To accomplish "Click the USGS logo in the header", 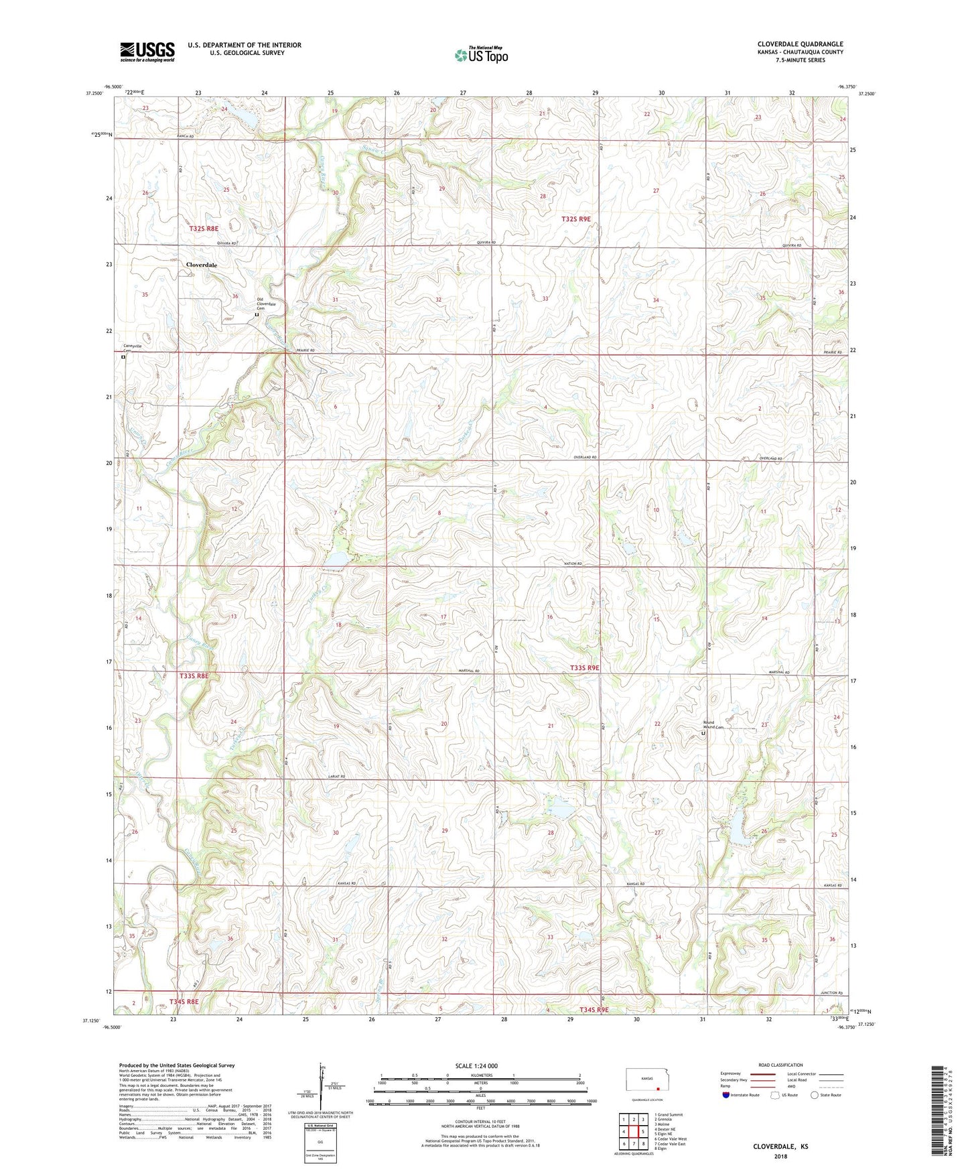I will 147,51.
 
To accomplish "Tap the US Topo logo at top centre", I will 481,54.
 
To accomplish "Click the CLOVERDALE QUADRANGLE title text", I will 800,44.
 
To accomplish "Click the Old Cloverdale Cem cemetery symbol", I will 257,314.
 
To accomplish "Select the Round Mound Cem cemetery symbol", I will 703,734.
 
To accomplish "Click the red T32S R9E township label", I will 575,219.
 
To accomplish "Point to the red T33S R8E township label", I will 194,676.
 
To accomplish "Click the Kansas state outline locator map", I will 646,1080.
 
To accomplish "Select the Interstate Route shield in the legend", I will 727,1095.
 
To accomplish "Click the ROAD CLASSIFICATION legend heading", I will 780,1065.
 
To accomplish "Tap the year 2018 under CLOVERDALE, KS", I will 780,1156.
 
